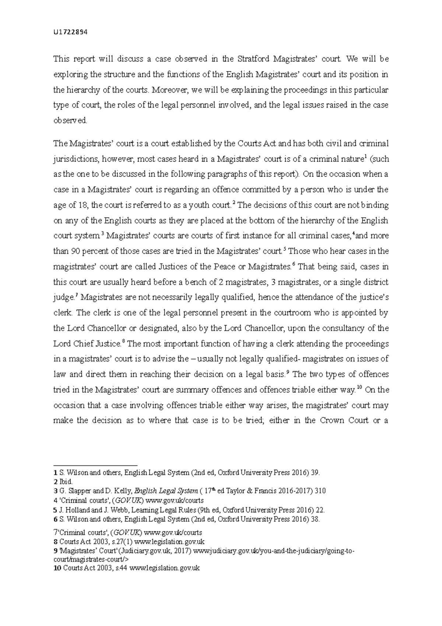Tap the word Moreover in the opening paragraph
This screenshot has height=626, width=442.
[x=167, y=90]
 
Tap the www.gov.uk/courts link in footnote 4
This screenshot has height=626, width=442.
[x=175, y=500]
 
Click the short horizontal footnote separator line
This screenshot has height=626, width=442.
[x=95, y=466]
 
